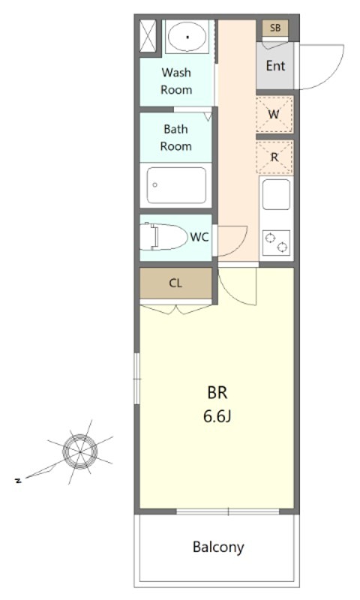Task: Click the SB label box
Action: pos(275,28)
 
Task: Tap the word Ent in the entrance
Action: pos(275,66)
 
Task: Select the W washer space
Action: pos(274,114)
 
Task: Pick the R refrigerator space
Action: pos(274,157)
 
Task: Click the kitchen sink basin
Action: pos(276,194)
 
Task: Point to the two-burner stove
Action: pos(276,243)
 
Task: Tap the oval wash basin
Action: pos(187,37)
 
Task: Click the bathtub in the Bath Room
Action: pos(176,185)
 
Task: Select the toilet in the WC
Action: pos(163,237)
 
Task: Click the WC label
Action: pos(199,237)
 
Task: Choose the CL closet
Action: pos(175,283)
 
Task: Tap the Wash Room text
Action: pos(176,81)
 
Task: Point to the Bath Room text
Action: pos(176,138)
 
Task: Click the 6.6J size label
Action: pos(217,416)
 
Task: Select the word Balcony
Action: pos(218,547)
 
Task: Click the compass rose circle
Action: pos(80,451)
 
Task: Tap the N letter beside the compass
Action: pos(17,481)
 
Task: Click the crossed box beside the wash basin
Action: pos(148,35)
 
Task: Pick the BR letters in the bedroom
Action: pos(217,393)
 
